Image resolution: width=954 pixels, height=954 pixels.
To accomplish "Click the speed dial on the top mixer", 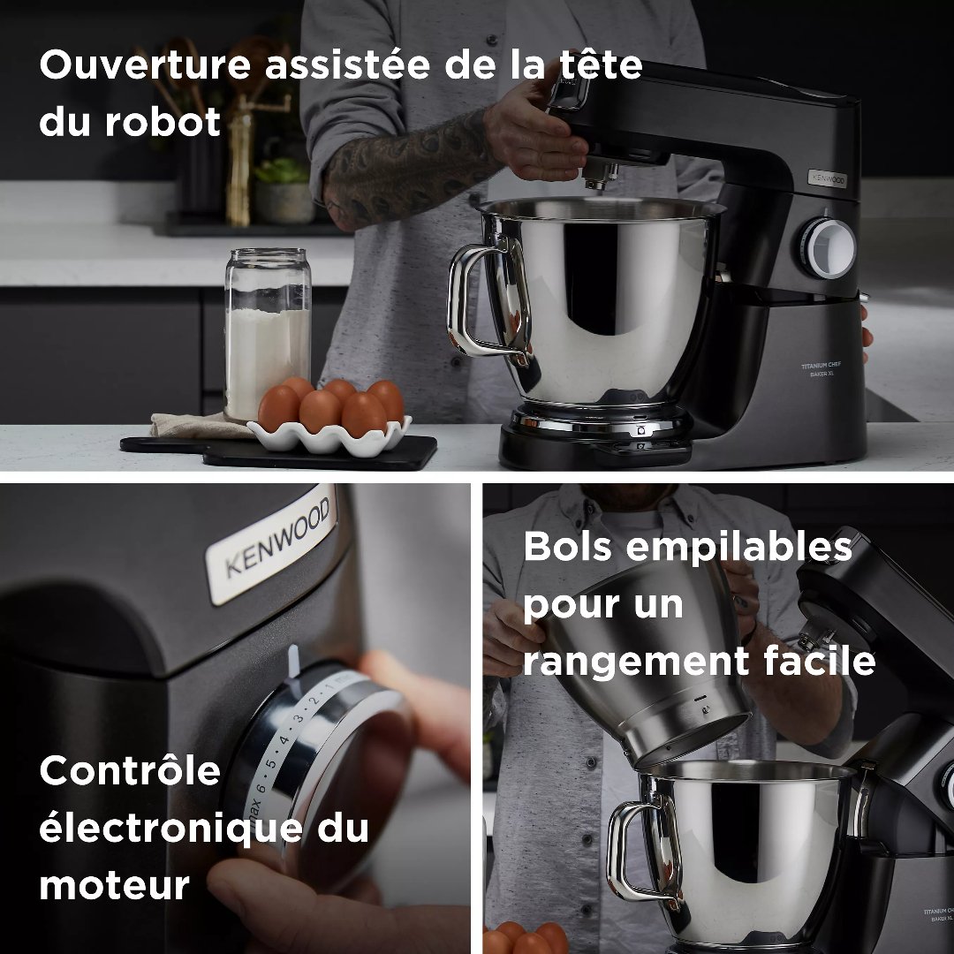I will (829, 246).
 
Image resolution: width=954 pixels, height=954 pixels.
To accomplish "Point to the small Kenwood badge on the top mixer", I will (828, 178).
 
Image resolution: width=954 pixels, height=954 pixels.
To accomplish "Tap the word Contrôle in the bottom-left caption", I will (129, 771).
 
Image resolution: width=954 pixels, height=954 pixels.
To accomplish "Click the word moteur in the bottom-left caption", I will (114, 884).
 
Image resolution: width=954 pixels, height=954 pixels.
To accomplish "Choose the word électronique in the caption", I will (159, 829).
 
